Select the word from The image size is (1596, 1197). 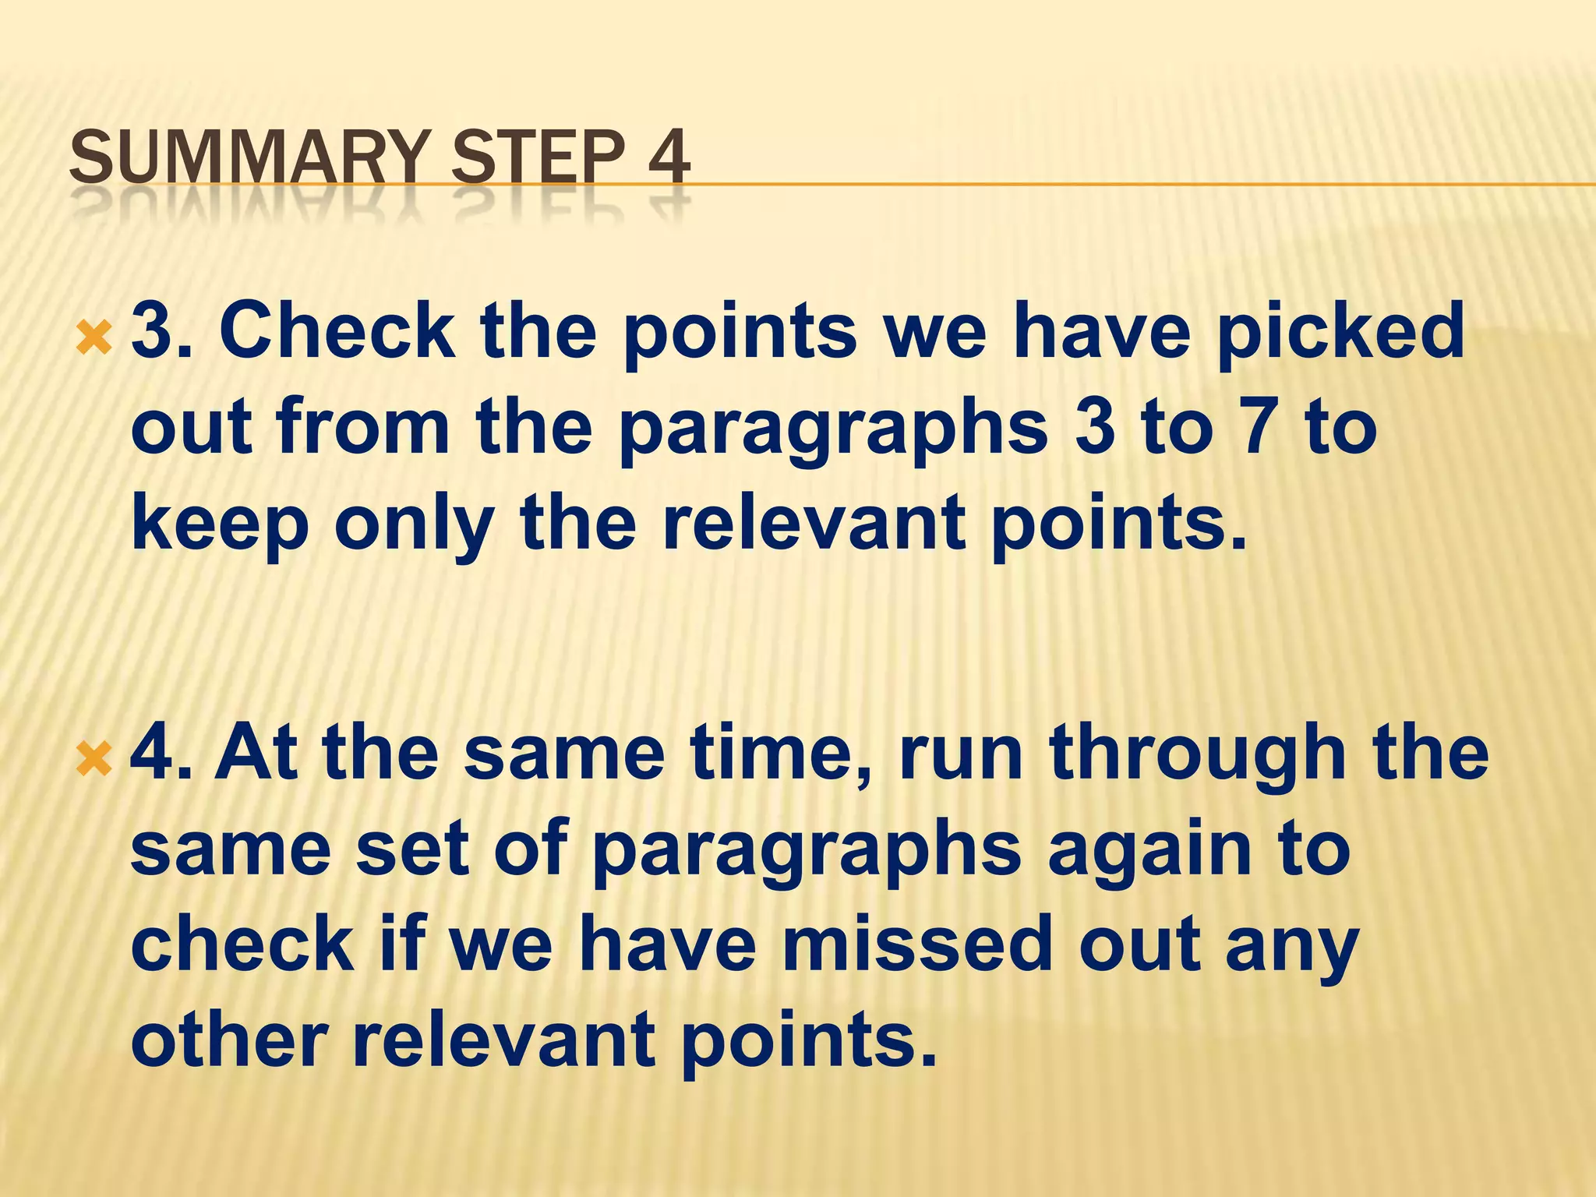tap(363, 427)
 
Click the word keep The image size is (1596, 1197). tap(221, 524)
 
